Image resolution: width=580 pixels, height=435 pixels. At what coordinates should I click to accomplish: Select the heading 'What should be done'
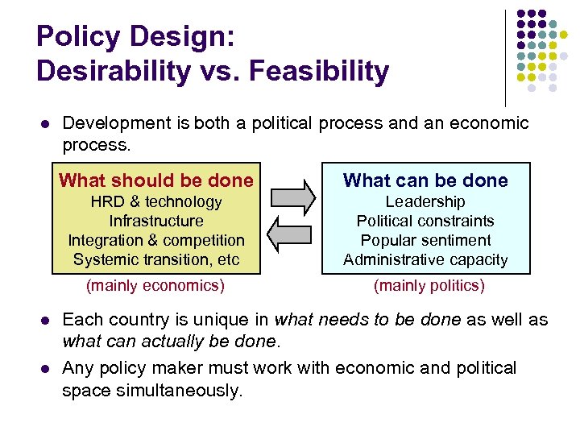coord(156,180)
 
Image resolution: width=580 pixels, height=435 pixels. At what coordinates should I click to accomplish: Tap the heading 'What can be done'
coord(425,180)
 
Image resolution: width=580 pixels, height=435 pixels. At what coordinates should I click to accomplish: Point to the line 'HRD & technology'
coord(156,201)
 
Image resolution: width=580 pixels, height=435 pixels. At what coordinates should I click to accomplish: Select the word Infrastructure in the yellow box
coord(156,221)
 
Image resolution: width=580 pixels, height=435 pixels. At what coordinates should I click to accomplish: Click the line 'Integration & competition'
coord(156,240)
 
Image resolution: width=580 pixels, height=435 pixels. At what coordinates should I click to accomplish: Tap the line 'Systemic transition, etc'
coord(156,259)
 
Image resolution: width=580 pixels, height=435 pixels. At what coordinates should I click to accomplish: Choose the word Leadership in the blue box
coord(425,201)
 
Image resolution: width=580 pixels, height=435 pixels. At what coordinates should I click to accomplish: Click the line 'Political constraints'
coord(425,221)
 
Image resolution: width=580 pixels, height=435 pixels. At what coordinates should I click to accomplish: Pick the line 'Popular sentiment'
coord(425,240)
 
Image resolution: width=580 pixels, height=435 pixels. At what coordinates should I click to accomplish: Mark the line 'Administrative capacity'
coord(425,259)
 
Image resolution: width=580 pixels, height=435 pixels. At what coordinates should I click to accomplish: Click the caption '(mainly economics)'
coord(155,285)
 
